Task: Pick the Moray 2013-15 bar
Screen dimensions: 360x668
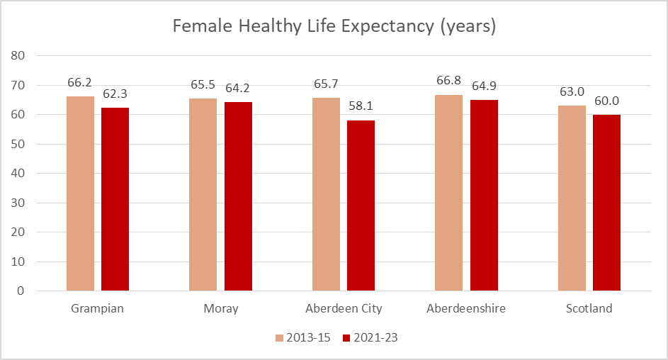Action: [x=203, y=195]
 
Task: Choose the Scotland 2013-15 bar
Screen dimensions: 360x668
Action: [x=572, y=198]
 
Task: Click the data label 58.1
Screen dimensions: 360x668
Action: [x=361, y=107]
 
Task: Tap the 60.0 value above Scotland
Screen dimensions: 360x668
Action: [x=606, y=101]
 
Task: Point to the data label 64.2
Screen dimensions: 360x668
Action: [x=238, y=89]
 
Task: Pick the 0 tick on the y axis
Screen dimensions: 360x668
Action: [x=21, y=291]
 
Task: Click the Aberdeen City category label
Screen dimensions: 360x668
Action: [x=344, y=309]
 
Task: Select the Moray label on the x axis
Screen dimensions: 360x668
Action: [x=220, y=309]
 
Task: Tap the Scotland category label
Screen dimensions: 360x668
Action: [x=589, y=309]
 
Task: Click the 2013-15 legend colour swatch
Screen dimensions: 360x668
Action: [x=279, y=338]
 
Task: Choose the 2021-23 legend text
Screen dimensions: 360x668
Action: [x=376, y=338]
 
